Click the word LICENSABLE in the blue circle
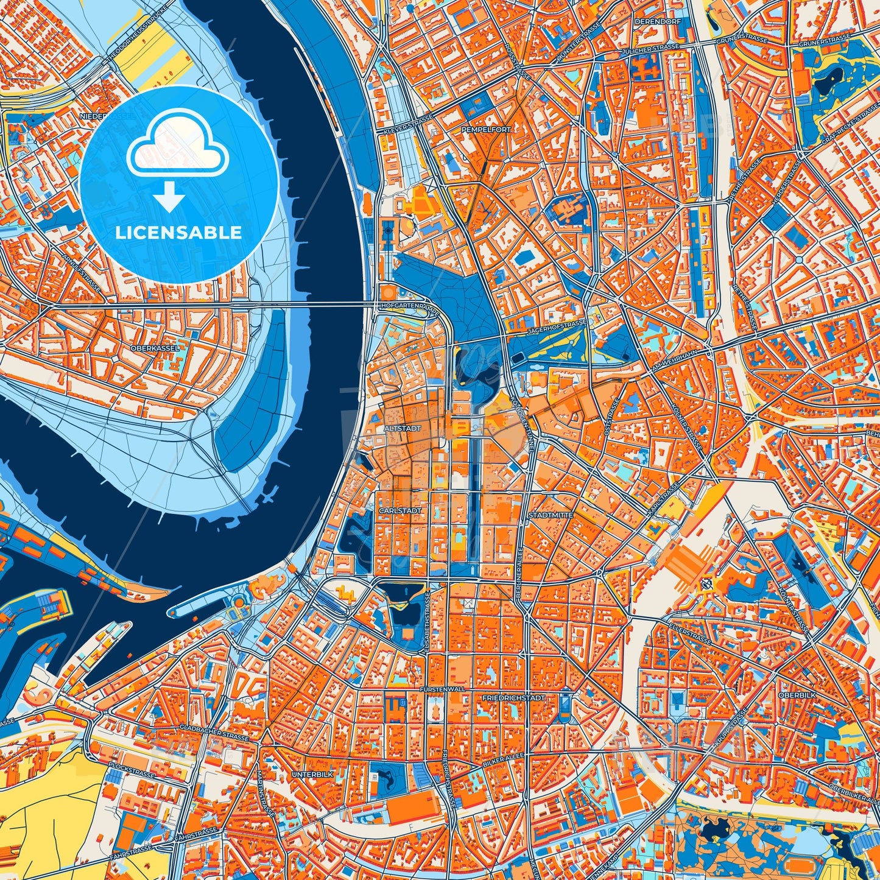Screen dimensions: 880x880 [x=179, y=233]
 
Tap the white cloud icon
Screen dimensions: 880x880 [x=177, y=145]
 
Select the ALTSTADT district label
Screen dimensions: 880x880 [x=402, y=429]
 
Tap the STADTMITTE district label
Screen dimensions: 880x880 [x=551, y=515]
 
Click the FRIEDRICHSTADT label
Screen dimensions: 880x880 [x=513, y=697]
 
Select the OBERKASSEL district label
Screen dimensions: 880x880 [x=155, y=348]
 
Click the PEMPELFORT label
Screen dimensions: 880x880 [x=486, y=130]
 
